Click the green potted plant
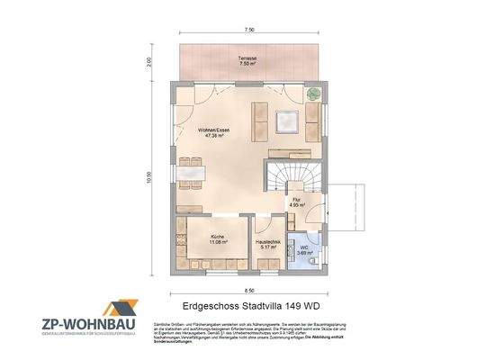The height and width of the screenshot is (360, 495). click(x=311, y=93)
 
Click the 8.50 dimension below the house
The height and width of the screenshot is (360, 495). click(x=247, y=291)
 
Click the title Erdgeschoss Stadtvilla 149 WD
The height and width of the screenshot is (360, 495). click(x=247, y=307)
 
